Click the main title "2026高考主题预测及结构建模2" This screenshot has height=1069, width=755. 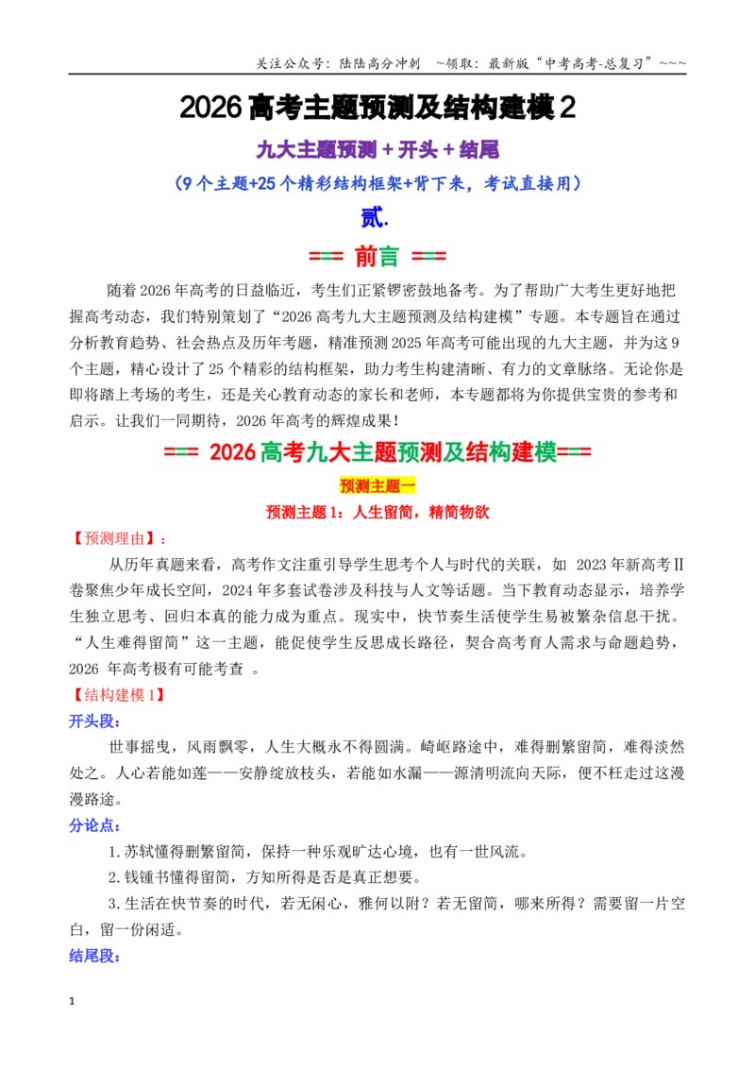click(377, 108)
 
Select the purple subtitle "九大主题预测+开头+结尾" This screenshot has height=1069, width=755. click(377, 149)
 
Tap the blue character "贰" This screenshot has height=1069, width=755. click(374, 217)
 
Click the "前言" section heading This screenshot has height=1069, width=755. click(377, 256)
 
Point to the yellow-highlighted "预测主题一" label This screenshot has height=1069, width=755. click(377, 486)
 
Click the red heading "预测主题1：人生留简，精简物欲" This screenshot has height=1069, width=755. click(377, 512)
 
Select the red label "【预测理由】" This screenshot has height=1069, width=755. click(114, 538)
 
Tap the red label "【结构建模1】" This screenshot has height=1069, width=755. click(117, 695)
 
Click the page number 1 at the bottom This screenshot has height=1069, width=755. click(72, 1001)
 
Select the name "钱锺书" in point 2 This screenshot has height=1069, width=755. click(147, 877)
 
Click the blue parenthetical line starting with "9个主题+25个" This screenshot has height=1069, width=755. click(377, 183)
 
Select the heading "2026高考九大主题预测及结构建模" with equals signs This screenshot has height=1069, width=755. click(377, 452)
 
